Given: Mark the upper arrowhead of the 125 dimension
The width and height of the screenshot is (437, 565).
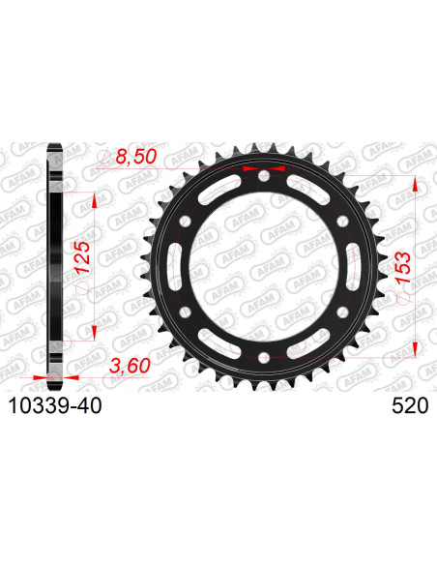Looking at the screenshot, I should [94, 199].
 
